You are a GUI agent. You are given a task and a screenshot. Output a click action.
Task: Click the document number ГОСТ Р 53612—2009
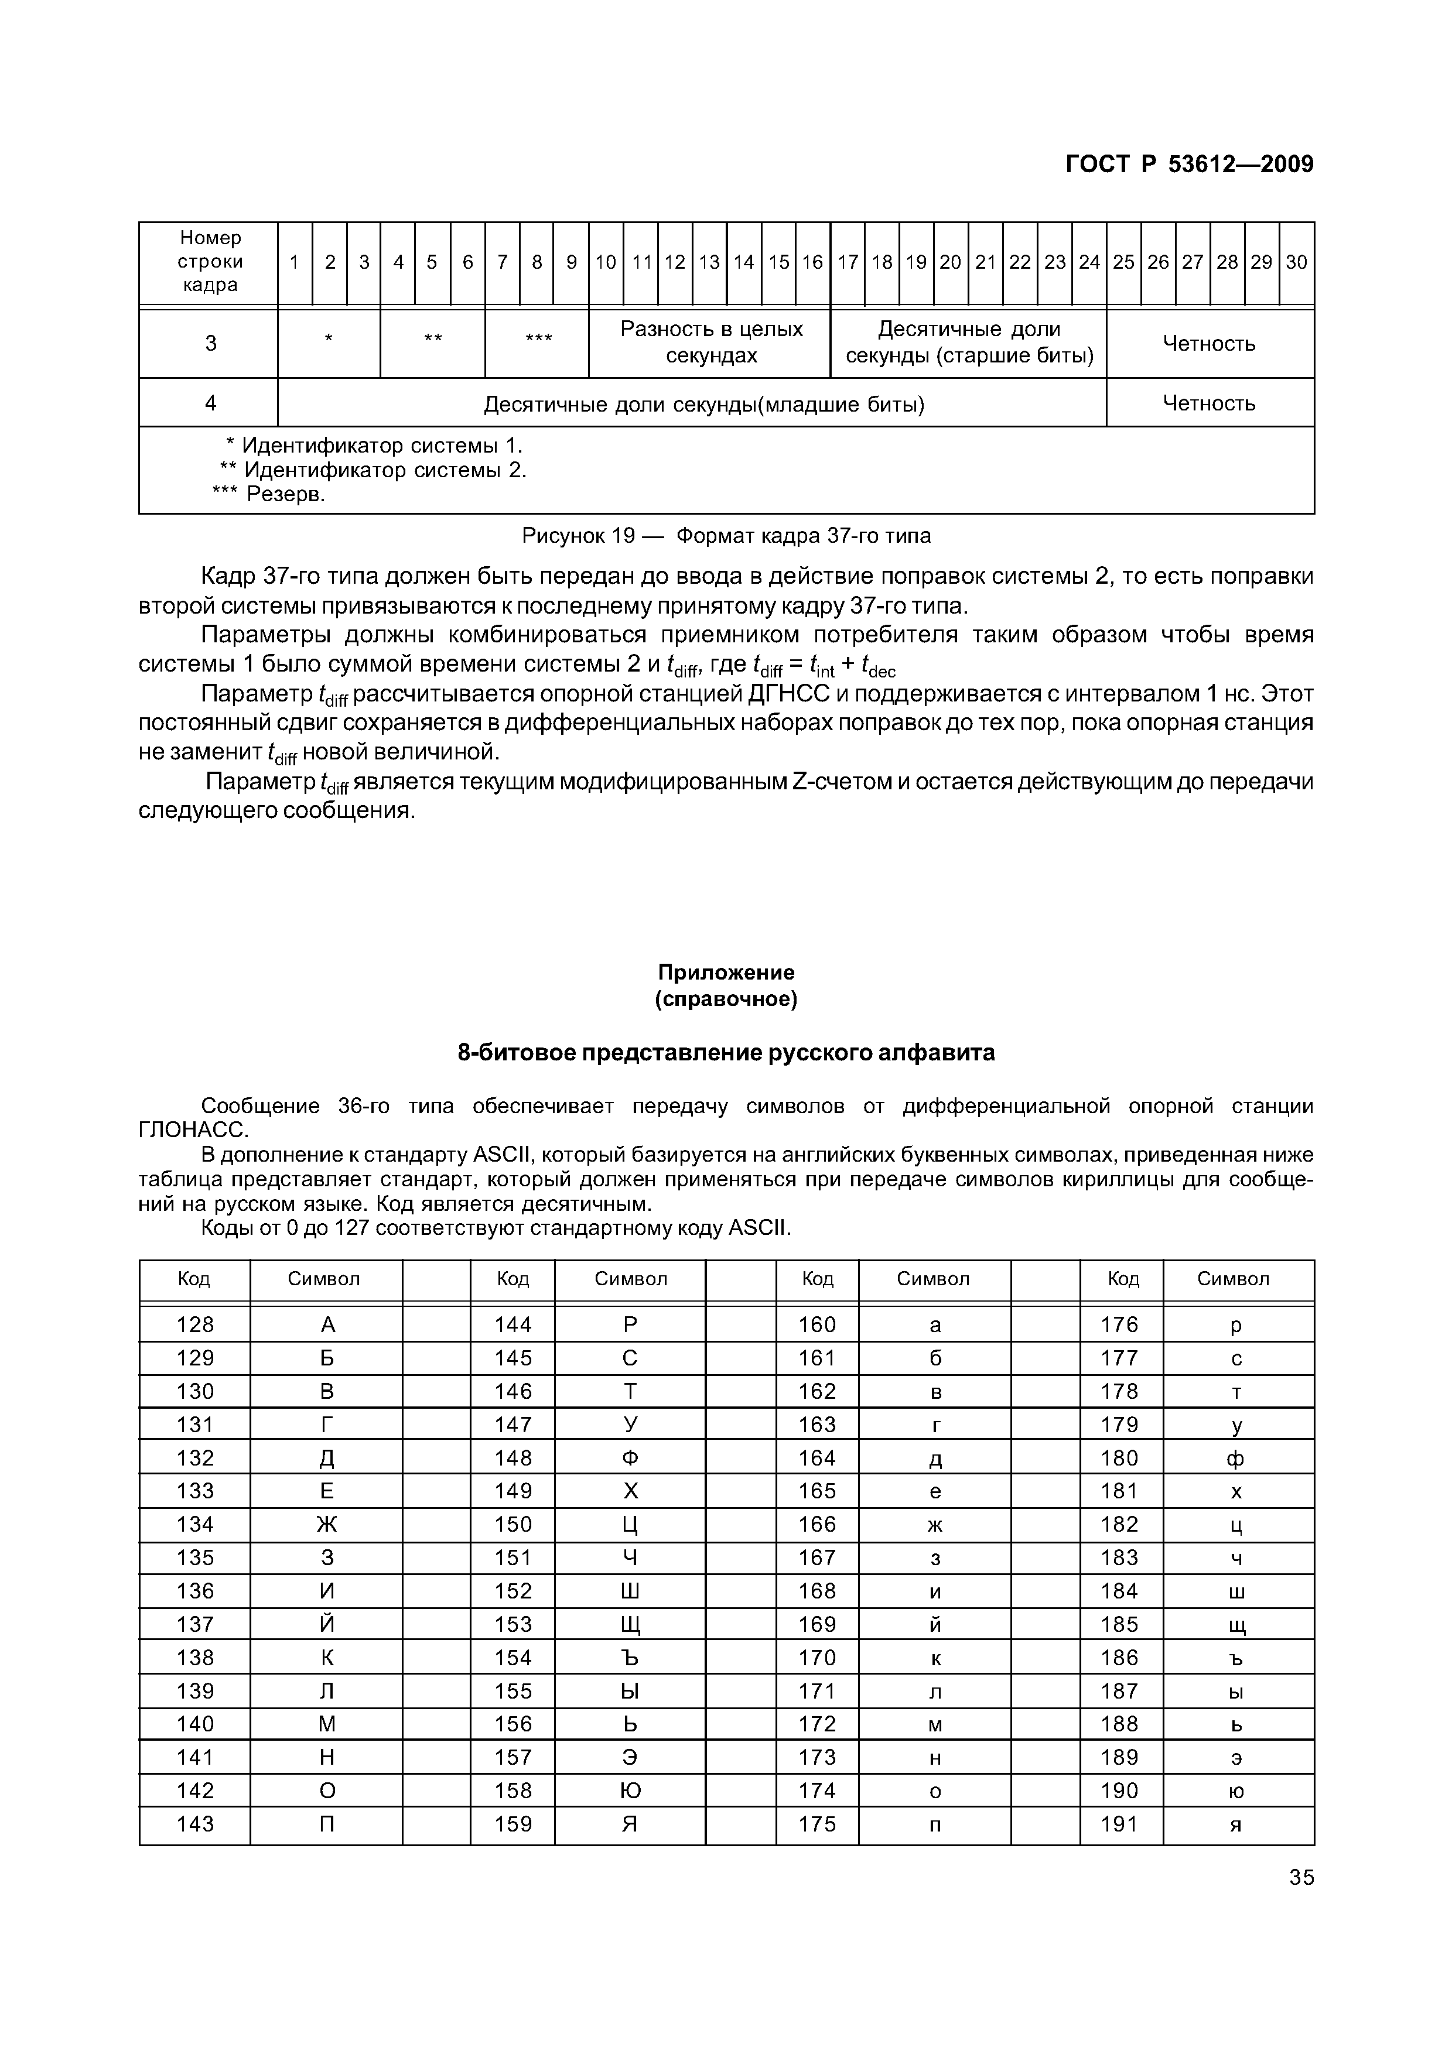click(1189, 165)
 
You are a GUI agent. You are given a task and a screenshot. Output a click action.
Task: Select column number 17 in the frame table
click(847, 262)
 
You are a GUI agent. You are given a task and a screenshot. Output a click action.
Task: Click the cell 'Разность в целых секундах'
click(711, 342)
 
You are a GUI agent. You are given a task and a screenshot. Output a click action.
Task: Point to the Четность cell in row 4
click(1209, 403)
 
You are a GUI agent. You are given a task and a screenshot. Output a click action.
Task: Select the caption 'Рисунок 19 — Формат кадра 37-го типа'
click(726, 536)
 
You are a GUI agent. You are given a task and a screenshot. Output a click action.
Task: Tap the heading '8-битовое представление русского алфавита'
click(726, 1053)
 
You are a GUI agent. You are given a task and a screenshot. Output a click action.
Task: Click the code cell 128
click(195, 1324)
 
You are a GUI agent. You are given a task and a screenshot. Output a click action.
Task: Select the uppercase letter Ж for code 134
click(327, 1524)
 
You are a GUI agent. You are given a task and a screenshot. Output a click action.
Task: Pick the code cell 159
click(513, 1823)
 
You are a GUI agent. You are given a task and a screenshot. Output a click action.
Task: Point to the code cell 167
click(817, 1557)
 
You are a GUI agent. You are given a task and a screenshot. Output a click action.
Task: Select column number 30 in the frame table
click(1296, 262)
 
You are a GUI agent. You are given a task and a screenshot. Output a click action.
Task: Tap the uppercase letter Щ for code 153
click(630, 1625)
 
